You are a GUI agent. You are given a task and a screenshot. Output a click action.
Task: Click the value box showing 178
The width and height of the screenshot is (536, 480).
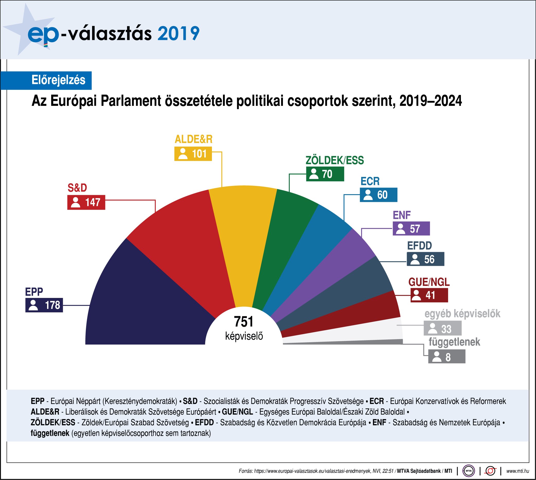tap(44, 305)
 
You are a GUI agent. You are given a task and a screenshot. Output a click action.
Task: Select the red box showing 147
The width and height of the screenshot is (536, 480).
tap(86, 202)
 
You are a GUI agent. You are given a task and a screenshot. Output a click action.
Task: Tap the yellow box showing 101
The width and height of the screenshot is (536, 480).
tap(193, 153)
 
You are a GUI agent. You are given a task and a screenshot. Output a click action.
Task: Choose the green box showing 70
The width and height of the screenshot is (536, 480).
tap(325, 174)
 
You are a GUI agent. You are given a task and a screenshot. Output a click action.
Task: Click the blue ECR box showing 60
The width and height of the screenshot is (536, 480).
tap(378, 195)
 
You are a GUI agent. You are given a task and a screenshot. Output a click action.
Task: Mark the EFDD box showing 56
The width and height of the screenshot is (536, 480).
tap(425, 259)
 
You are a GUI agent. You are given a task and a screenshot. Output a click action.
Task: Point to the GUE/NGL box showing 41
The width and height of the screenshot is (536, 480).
tap(429, 295)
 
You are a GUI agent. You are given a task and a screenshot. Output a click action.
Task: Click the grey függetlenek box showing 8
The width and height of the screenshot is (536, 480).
tap(446, 357)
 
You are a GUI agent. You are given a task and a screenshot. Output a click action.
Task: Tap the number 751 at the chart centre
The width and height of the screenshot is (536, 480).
tap(244, 322)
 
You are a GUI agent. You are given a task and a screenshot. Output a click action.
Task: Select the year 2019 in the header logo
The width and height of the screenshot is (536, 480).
tap(178, 33)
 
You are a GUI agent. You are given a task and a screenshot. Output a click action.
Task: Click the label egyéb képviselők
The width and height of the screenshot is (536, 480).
tap(462, 314)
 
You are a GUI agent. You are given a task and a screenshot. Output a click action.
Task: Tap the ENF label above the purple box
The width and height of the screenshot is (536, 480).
tap(402, 215)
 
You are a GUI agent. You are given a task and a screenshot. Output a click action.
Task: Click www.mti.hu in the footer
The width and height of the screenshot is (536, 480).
tap(517, 471)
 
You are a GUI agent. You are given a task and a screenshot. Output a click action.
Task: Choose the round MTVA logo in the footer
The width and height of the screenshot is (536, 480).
tap(469, 471)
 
